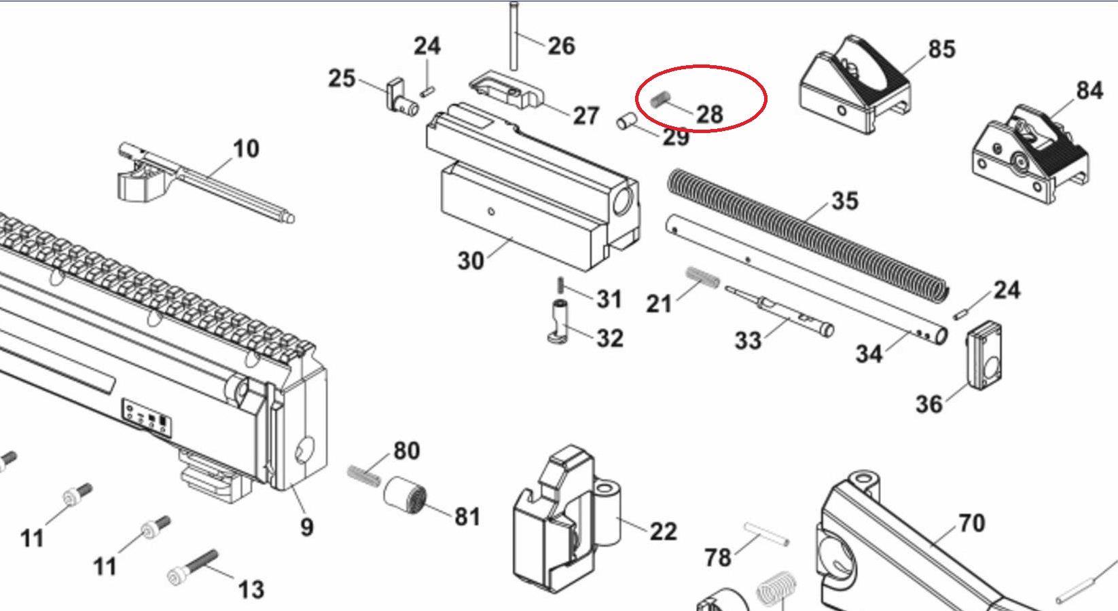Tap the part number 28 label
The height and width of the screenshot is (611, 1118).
click(710, 114)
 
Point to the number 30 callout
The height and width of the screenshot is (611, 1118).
click(471, 261)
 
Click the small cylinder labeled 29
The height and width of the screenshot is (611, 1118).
click(626, 122)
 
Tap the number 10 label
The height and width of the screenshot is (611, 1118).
click(246, 149)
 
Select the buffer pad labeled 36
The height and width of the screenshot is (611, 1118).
click(985, 356)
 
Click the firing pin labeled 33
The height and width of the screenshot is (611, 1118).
click(779, 310)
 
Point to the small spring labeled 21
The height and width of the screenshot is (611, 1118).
click(703, 277)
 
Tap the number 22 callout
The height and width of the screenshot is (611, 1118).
click(664, 531)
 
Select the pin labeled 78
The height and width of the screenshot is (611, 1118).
click(767, 534)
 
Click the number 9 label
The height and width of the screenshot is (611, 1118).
click(307, 527)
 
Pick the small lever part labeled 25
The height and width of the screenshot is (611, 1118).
click(402, 96)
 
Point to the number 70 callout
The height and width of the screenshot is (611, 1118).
click(972, 523)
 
